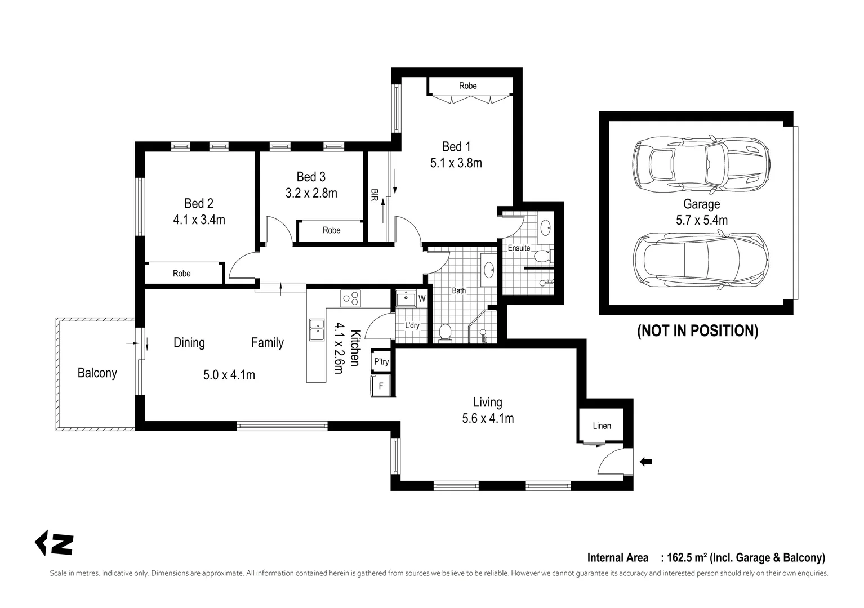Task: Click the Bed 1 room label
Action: tap(456, 147)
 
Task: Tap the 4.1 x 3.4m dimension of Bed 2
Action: tap(199, 220)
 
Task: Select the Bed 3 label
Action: tap(311, 177)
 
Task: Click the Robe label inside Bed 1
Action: tap(467, 86)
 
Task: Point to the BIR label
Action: tap(374, 195)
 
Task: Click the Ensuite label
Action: tap(519, 248)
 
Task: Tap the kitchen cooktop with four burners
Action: tap(350, 298)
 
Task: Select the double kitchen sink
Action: tap(317, 330)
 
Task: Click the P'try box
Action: tap(381, 362)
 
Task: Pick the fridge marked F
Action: tap(381, 386)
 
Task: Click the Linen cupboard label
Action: tap(602, 426)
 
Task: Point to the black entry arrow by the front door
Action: tap(646, 462)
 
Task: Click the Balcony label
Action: tap(97, 373)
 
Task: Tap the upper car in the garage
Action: tap(701, 164)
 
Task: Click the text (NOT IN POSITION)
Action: tap(697, 330)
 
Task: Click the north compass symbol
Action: tap(55, 544)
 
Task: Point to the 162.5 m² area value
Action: tap(687, 558)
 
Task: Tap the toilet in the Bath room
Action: tap(445, 333)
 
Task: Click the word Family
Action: tap(267, 342)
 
